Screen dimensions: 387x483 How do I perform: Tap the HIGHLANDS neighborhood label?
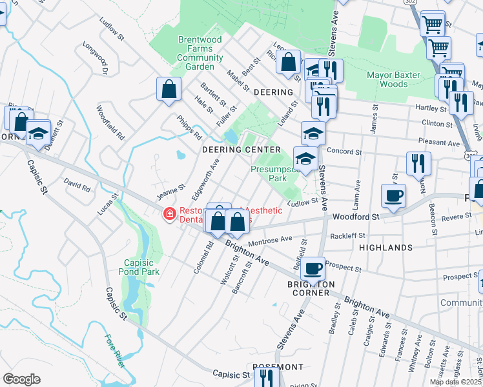385,248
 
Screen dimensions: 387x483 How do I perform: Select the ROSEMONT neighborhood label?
278,367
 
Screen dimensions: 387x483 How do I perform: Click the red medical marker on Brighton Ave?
169,213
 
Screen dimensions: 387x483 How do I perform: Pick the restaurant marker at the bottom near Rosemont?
266,377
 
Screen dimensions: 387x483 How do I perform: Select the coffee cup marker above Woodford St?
393,195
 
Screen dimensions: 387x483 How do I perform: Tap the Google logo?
21,379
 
